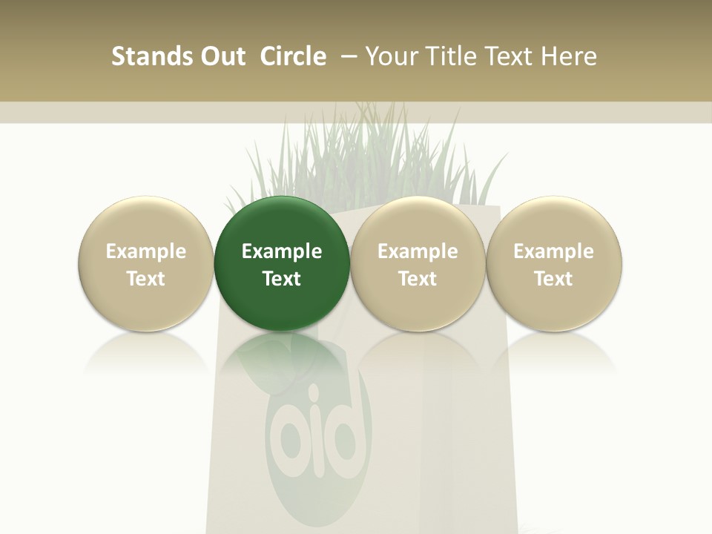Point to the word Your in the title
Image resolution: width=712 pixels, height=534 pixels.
pos(391,56)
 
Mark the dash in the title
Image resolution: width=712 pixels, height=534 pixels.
pos(349,56)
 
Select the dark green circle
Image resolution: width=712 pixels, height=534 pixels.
pos(282,264)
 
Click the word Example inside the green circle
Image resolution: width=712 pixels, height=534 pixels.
pos(282,251)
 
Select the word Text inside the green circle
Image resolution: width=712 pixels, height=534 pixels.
pos(282,279)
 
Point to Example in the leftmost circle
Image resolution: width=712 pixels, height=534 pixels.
pos(146,251)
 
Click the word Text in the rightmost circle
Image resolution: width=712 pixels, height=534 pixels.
pos(554,279)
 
